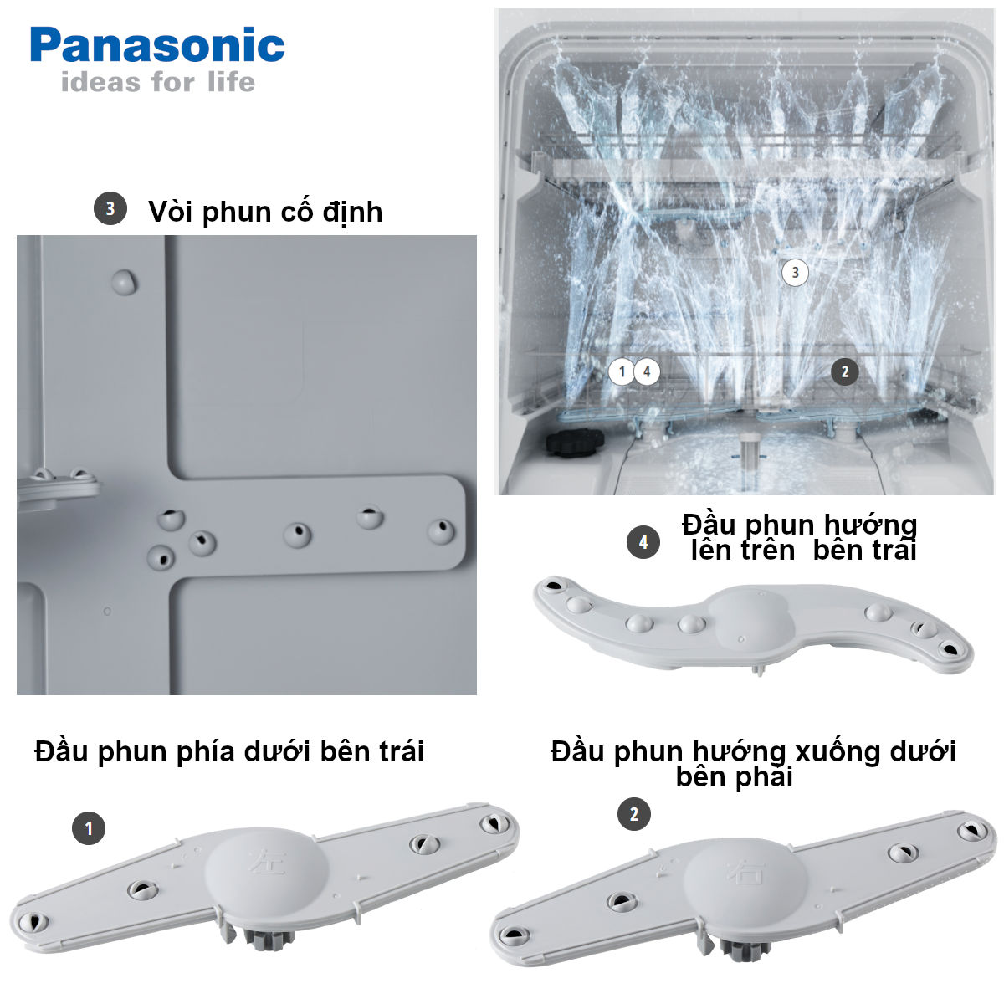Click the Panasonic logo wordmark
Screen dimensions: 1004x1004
[x=157, y=45]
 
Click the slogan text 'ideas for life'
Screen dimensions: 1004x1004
[x=157, y=82]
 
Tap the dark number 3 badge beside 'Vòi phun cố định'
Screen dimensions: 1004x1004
[x=110, y=208]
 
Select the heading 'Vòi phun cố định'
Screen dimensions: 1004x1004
[x=265, y=212]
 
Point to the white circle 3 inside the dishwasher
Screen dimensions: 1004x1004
[x=795, y=272]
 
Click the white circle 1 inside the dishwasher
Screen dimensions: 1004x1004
[x=622, y=371]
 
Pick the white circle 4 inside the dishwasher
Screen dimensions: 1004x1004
[x=647, y=371]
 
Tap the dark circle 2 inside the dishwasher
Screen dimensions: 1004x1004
[x=844, y=371]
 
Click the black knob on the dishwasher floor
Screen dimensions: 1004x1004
[x=572, y=442]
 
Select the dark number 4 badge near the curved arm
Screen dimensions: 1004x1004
[x=643, y=543]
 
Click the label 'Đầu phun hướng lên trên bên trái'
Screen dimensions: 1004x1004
[x=800, y=537]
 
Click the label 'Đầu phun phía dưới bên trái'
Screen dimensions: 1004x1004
[x=229, y=751]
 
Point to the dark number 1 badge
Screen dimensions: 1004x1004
[x=89, y=829]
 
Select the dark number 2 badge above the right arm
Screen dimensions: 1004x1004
[x=633, y=814]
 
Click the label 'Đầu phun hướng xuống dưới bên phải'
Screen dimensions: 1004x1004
[x=753, y=763]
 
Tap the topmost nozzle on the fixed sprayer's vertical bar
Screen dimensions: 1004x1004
[x=124, y=282]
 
